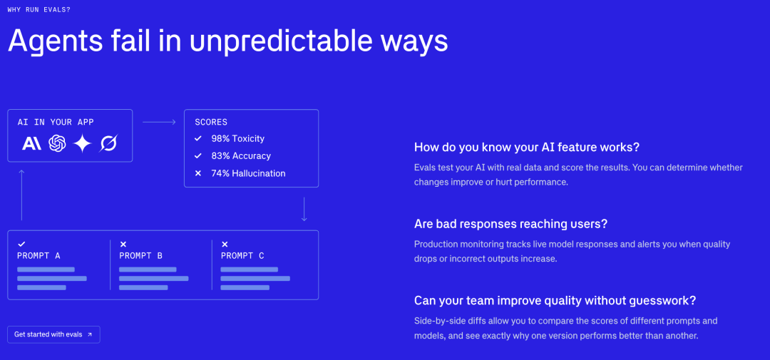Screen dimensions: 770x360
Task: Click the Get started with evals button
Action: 53,334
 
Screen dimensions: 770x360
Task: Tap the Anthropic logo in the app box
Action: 32,143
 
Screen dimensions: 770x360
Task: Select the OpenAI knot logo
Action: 57,143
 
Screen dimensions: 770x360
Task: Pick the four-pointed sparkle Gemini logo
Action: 83,143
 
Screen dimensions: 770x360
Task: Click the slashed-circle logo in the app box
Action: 108,143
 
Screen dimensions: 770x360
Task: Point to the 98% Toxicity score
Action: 237,138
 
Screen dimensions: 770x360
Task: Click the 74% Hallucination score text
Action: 248,173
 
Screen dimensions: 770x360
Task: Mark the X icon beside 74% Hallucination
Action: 198,173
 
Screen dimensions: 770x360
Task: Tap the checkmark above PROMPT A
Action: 21,244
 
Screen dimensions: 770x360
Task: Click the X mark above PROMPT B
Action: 123,244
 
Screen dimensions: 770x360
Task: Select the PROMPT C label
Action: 242,256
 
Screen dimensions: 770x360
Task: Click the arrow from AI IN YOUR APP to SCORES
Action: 159,122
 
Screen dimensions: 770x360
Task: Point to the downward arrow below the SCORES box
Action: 304,209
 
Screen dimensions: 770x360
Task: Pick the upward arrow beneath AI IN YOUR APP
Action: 21,195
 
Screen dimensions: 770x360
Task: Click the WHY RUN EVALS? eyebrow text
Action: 38,9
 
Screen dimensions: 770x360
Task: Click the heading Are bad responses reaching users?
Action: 510,224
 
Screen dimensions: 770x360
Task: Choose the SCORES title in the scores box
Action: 211,122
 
